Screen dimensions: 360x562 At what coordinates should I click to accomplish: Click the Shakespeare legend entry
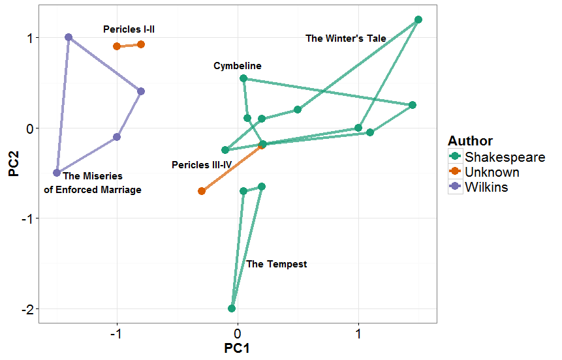504,157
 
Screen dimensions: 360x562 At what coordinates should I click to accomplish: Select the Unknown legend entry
492,172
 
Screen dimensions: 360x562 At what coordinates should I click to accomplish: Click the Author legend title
470,141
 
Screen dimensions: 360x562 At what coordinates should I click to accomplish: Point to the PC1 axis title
237,348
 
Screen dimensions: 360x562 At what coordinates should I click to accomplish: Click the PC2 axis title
12,164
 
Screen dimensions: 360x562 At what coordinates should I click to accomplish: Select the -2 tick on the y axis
26,309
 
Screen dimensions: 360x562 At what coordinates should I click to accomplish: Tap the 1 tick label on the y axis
29,38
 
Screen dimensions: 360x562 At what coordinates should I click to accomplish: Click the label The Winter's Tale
346,38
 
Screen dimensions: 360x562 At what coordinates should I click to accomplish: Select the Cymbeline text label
238,66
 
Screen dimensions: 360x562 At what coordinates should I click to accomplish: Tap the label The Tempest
277,264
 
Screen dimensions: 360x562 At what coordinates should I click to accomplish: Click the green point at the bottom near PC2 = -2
232,308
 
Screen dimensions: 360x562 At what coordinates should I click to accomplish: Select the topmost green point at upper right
418,20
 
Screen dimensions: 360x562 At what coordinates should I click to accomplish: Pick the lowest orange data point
202,191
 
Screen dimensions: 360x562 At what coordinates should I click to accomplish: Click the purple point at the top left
69,37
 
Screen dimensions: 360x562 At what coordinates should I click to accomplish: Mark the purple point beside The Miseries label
57,173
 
